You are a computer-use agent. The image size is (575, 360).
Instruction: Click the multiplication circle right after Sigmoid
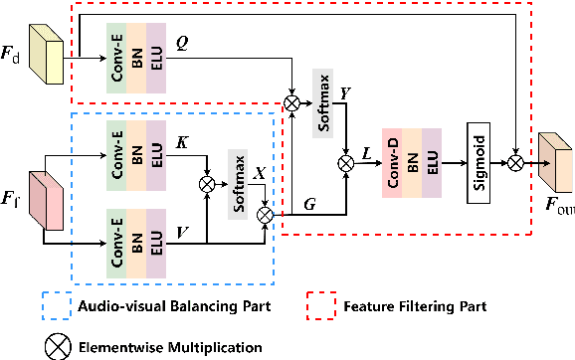[x=514, y=159]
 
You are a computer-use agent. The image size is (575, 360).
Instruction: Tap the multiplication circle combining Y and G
[x=346, y=159]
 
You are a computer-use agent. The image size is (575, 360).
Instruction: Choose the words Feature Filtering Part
[x=414, y=306]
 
